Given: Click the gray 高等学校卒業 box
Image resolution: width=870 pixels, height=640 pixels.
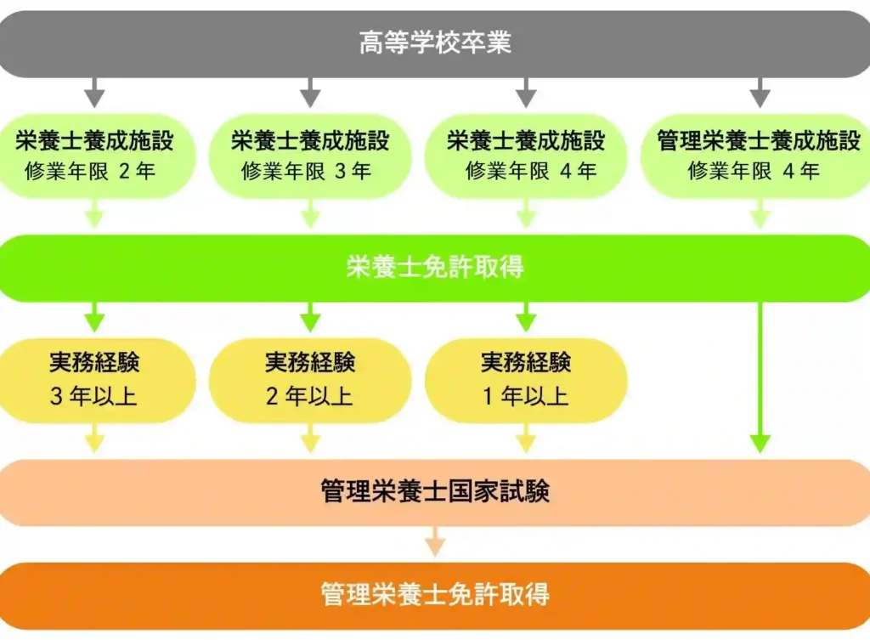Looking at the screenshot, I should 435,43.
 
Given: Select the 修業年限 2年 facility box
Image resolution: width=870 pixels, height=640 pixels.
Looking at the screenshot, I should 94,156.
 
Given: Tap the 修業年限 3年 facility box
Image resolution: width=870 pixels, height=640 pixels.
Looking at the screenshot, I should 310,156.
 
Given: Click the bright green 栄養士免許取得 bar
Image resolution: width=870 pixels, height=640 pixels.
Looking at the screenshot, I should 435,268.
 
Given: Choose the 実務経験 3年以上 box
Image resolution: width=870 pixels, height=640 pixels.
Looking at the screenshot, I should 94,380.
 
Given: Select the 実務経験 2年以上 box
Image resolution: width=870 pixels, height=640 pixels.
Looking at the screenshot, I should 310,380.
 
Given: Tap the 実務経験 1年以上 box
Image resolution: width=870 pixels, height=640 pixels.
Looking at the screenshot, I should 526,380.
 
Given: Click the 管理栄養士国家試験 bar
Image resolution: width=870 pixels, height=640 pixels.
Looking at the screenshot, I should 435,492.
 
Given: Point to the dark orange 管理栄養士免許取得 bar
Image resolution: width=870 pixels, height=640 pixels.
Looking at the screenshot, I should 435,595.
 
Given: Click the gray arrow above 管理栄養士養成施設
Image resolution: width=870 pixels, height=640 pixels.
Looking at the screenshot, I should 760,92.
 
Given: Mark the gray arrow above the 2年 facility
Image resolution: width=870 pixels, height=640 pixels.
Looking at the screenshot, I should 94,92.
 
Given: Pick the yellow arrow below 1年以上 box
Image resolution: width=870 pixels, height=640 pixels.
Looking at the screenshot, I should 526,439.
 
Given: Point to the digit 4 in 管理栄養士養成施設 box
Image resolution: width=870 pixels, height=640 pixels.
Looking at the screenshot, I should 789,171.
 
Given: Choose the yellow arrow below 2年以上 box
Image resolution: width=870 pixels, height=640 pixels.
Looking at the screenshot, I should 310,439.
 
